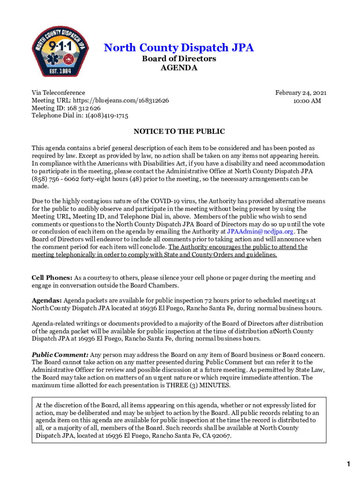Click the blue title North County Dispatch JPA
pos(179,48)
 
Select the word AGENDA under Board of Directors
pos(179,68)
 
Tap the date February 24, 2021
pos(301,93)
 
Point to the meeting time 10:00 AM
pos(307,101)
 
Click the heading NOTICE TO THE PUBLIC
pos(179,132)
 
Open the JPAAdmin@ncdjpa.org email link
pos(260,232)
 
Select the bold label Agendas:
pos(47,300)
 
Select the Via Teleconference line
pos(58,93)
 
